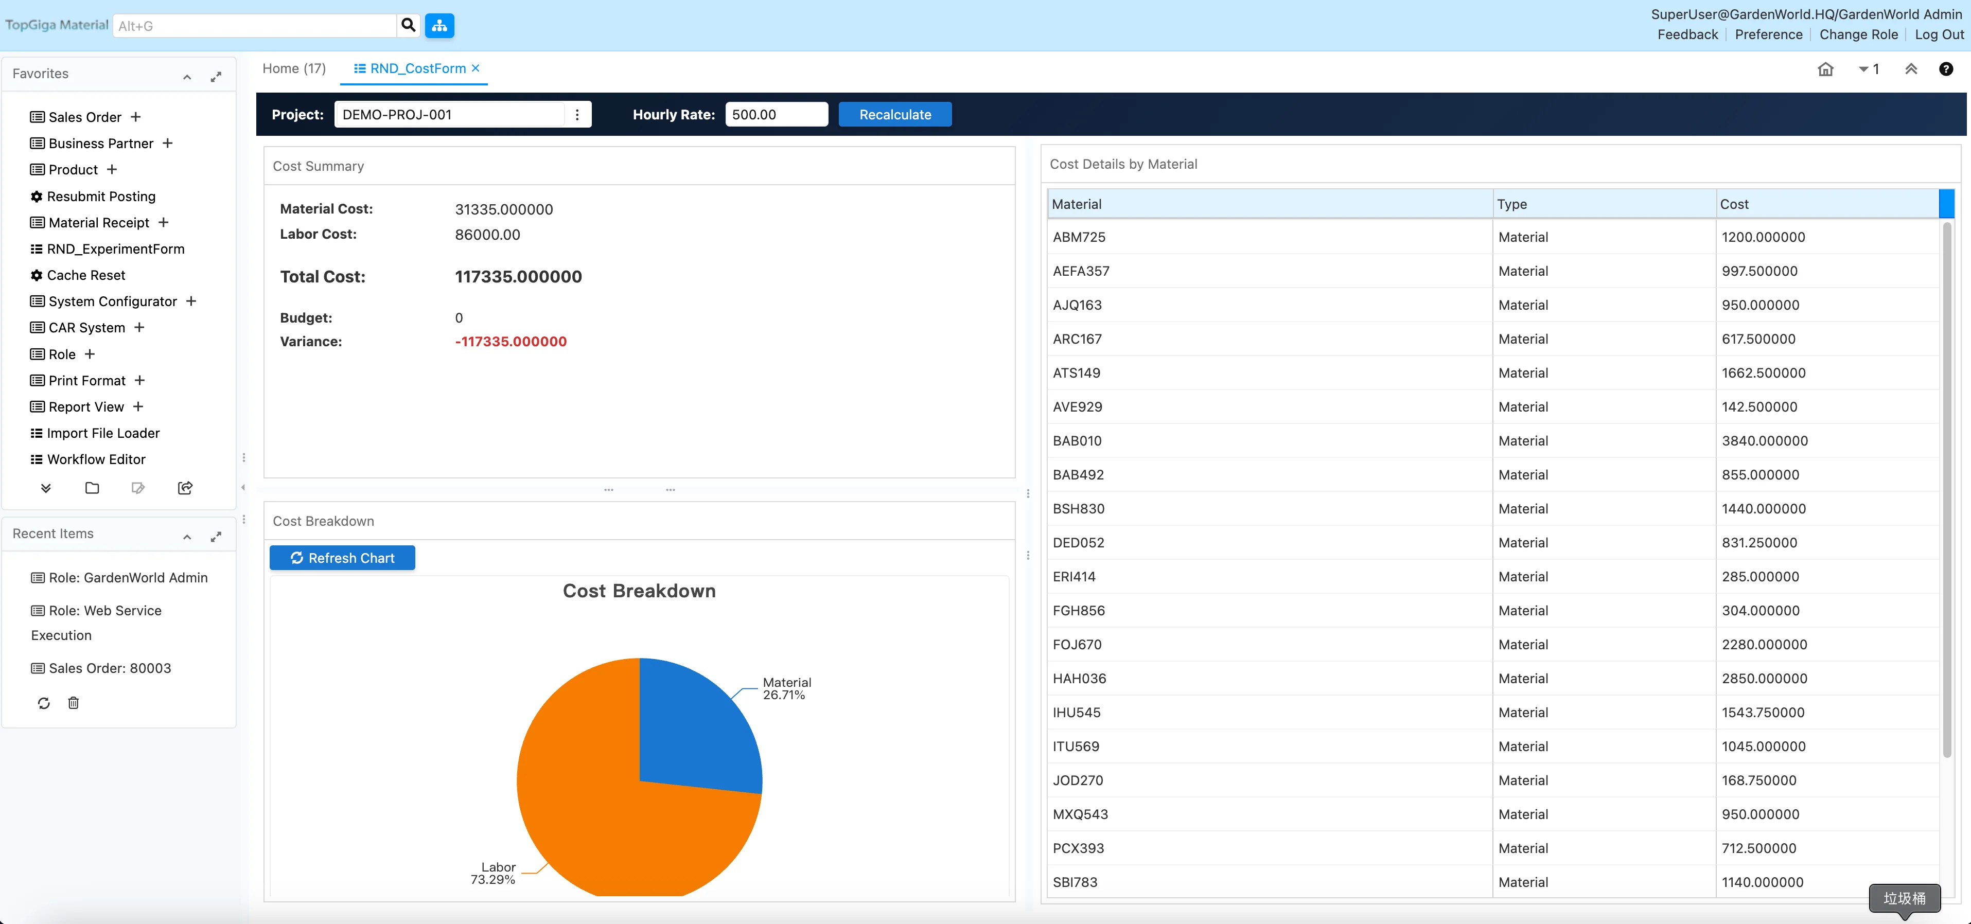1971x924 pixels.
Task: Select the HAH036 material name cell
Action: pos(1079,679)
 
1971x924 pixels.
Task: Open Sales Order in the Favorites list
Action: pos(84,117)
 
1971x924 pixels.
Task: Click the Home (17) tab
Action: pos(294,68)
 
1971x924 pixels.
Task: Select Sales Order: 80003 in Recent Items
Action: pos(110,668)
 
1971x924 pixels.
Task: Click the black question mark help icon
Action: pos(1946,69)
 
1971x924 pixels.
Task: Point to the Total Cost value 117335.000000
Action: pos(518,277)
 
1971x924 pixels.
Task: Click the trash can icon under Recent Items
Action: pos(74,703)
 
